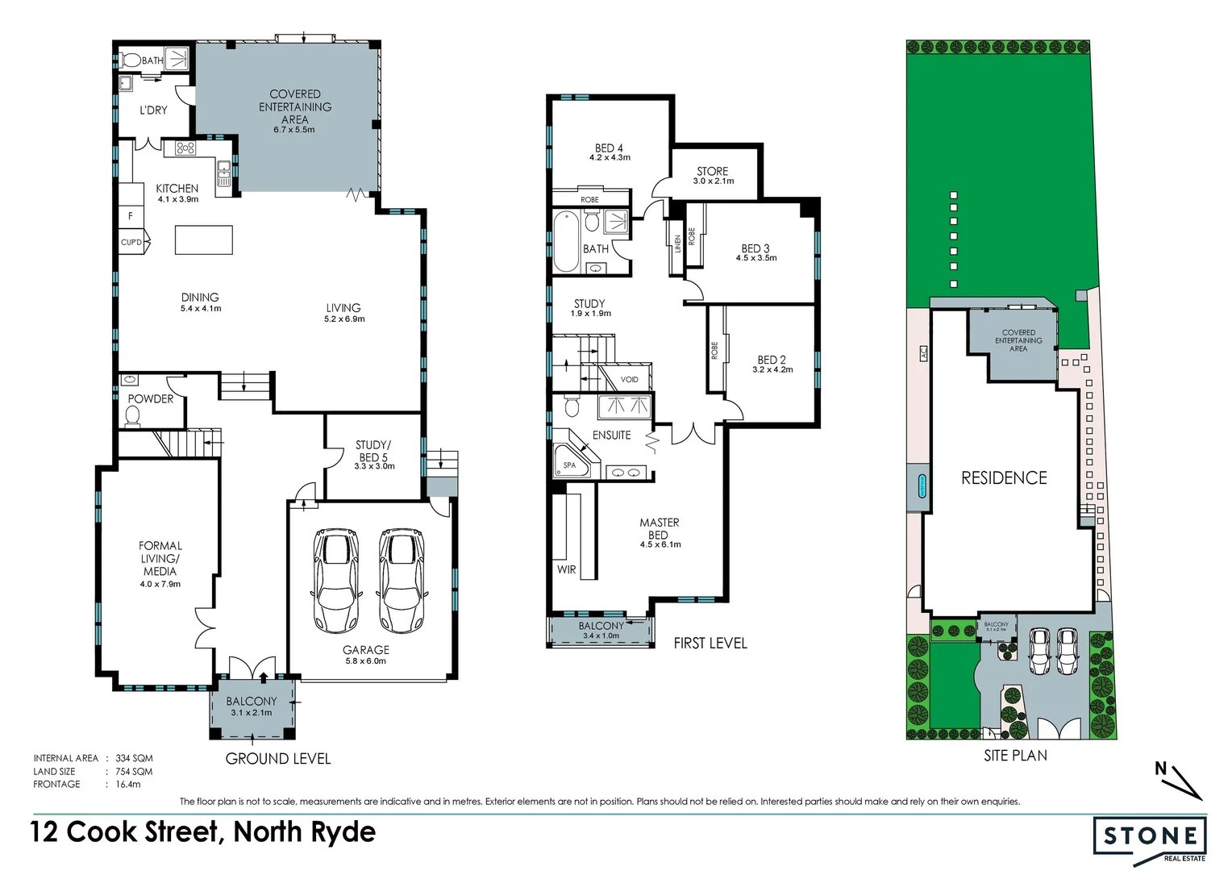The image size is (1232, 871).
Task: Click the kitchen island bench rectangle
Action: tap(204, 240)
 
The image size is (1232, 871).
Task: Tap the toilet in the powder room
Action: tap(133, 415)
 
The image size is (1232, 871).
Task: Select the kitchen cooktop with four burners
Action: tap(185, 148)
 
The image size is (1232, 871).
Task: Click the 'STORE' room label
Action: tap(712, 171)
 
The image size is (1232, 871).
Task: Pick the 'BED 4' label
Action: tap(609, 148)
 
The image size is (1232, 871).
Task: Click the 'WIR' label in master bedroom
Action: tap(567, 569)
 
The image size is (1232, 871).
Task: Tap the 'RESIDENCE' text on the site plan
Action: tap(1004, 478)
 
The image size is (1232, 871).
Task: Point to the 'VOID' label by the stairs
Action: tap(629, 380)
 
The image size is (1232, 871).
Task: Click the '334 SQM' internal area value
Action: tap(134, 758)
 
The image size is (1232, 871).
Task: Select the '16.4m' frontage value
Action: tap(127, 784)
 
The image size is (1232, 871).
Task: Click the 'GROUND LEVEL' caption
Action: tap(278, 759)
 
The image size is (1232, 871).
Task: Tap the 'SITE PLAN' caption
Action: tap(1015, 756)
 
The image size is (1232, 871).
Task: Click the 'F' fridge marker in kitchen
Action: tap(131, 216)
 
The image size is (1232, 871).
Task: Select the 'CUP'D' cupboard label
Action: tap(131, 242)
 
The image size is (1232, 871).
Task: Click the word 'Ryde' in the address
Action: tap(344, 831)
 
